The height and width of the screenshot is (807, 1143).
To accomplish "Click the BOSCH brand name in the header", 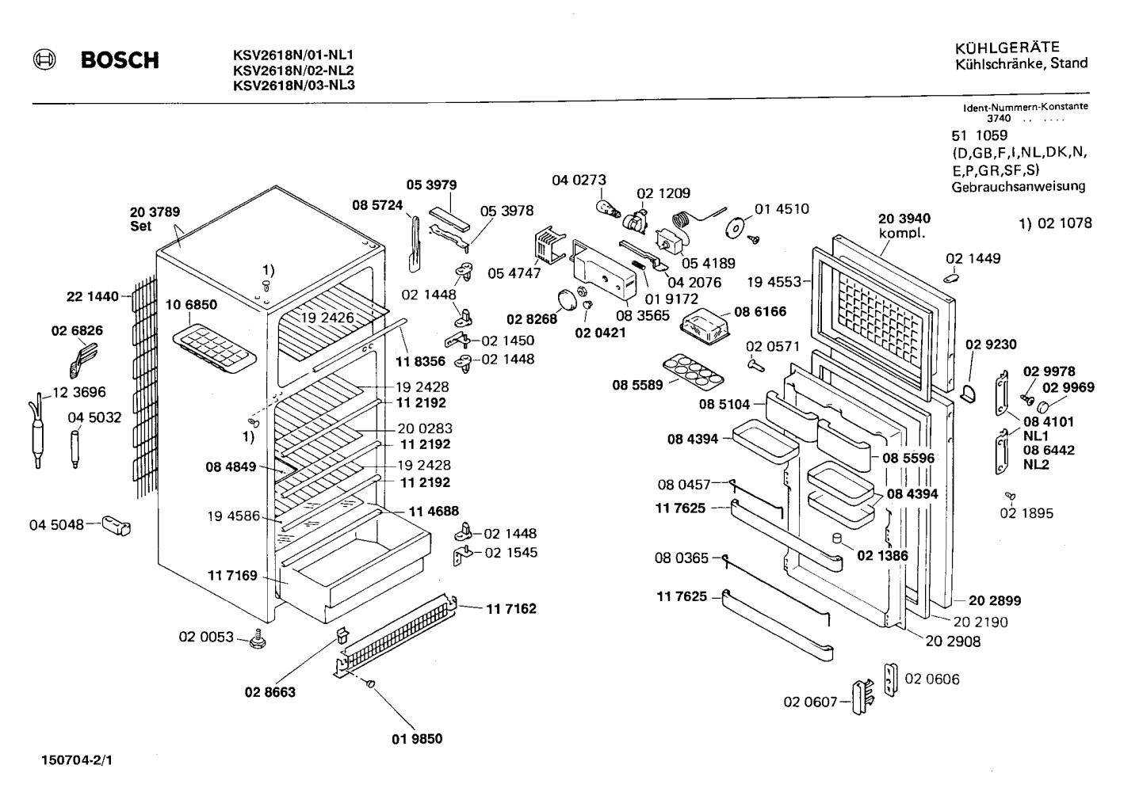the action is pos(120,60).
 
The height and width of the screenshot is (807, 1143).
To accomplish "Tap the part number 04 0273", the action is pos(579,180).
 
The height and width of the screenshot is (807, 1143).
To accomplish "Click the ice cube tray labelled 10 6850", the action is pos(214,348).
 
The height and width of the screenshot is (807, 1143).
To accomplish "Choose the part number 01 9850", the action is pos(417,739).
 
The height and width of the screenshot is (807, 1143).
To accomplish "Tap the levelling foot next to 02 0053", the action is pos(258,639).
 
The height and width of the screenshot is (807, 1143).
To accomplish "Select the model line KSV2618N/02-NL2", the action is pos(293,70).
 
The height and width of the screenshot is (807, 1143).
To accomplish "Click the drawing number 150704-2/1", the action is pos(77,760).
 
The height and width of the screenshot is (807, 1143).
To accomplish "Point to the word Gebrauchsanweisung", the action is pos(1018,187).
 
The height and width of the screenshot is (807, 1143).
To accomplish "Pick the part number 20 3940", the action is pos(904,219).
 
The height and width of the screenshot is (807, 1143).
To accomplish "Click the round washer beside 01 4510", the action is pos(735,226).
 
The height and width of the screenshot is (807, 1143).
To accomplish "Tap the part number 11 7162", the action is pos(510,609).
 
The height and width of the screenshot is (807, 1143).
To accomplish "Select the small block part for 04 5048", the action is pos(117,525).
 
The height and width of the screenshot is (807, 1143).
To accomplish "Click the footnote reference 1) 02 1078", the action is pos(1055,223).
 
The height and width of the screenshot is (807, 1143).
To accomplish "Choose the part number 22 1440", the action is pos(93,296).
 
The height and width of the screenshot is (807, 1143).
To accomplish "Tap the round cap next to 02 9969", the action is pos(1046,407).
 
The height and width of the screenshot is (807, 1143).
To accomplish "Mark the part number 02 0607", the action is pos(810,702).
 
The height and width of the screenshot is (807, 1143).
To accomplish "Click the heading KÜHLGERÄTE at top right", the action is pos(1007,48).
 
